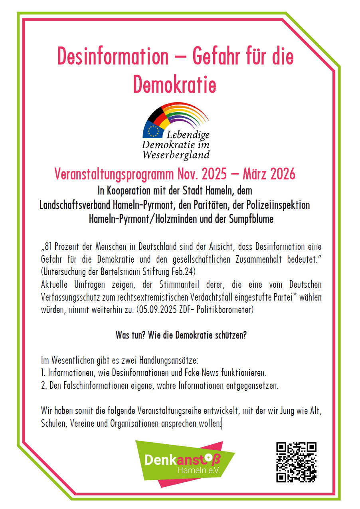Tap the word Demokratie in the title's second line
click(x=175, y=85)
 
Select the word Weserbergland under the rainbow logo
click(x=176, y=154)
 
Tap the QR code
click(x=296, y=462)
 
